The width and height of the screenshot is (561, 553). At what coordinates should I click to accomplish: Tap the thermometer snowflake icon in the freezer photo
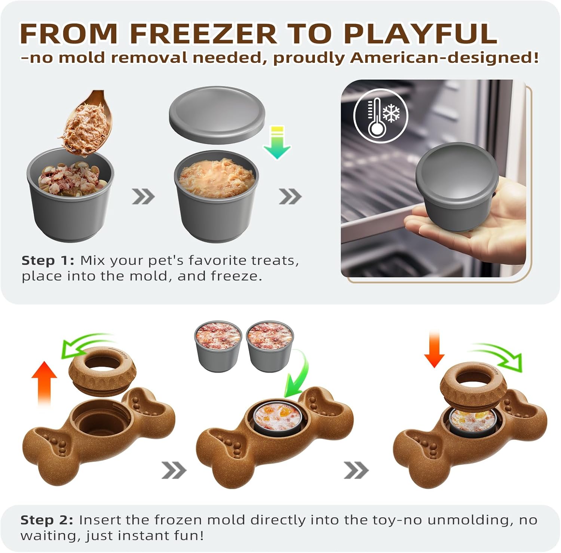381,116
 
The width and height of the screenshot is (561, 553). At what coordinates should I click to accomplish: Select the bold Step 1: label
47,260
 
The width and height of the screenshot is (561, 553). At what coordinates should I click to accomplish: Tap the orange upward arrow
44,383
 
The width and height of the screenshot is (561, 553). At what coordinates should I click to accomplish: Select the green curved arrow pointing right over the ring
497,355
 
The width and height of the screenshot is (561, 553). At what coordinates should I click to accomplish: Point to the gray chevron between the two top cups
143,196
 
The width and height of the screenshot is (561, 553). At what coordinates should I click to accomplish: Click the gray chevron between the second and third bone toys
356,470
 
